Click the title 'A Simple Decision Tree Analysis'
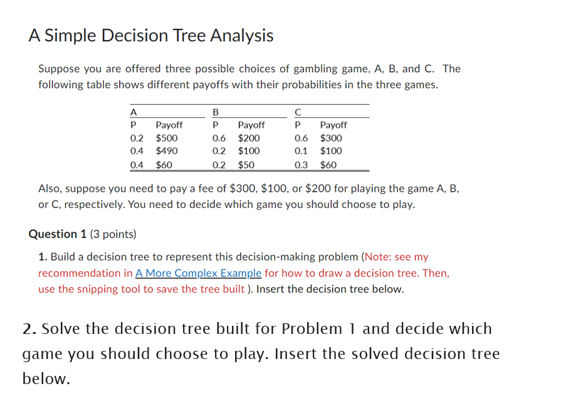coord(151,36)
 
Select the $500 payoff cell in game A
coord(167,138)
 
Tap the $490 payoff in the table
coord(167,151)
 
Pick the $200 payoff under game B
coord(249,138)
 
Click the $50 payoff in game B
coord(246,165)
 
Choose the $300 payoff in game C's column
coord(331,138)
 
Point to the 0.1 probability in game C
coord(301,151)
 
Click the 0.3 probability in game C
coord(301,165)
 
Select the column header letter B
coord(216,112)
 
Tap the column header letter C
coord(298,112)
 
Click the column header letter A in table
coord(133,112)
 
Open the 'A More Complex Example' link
coord(198,273)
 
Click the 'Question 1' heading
coord(58,234)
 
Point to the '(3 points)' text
coord(113,234)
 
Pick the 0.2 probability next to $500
coord(136,138)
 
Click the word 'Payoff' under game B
coord(251,125)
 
